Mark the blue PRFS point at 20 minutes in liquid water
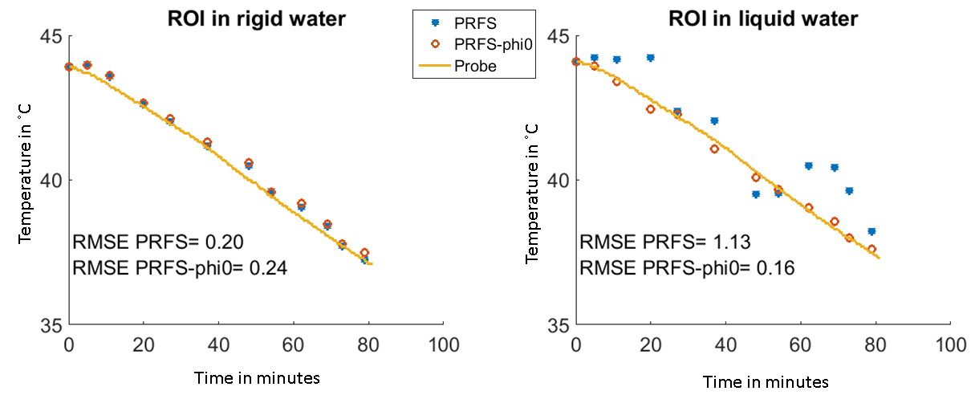coord(651,58)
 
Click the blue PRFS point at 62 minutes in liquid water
coord(809,165)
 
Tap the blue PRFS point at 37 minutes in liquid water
coord(714,120)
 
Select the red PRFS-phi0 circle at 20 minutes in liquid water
coord(651,109)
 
